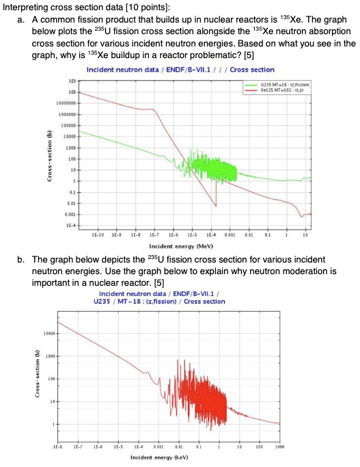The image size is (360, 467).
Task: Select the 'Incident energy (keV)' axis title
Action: pyautogui.click(x=158, y=455)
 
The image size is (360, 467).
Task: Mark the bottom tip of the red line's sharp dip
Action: pyautogui.click(x=216, y=206)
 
